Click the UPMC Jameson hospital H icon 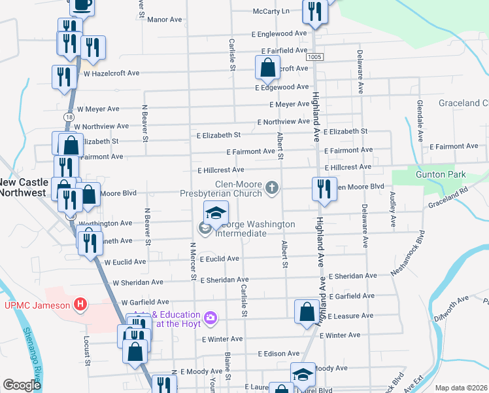click(80, 304)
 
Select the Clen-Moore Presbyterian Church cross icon click(272, 189)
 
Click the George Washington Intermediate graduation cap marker click(216, 213)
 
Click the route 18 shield click(68, 116)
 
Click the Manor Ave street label click(164, 20)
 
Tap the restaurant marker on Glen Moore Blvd click(321, 189)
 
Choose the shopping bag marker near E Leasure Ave click(307, 312)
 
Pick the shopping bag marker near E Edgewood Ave click(267, 67)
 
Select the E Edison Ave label click(278, 354)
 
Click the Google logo click(22, 385)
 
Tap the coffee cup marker click(82, 5)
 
